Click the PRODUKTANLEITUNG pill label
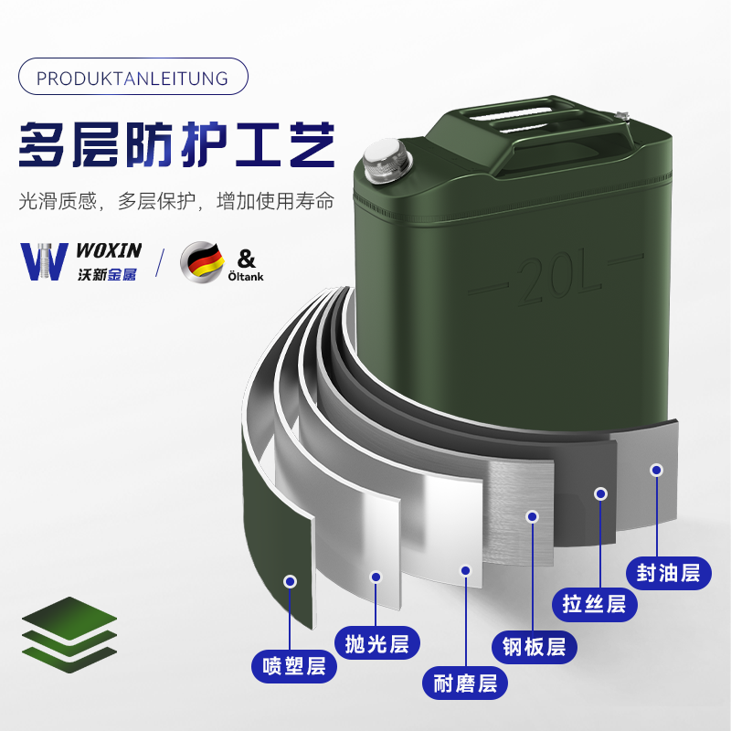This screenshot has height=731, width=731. [132, 78]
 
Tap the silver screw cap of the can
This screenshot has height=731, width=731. [384, 163]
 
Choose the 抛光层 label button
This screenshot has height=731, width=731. [377, 642]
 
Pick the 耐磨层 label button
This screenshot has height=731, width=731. [465, 683]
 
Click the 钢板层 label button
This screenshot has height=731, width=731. [535, 647]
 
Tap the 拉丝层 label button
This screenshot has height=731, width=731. [594, 604]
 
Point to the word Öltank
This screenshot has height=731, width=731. [245, 275]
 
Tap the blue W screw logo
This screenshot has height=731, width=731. [41, 260]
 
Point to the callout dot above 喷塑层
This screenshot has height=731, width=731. [291, 581]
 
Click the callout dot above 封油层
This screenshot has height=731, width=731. [656, 470]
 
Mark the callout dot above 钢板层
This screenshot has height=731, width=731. [532, 516]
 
